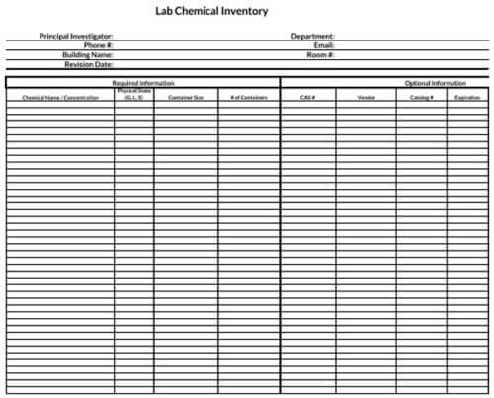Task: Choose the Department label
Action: tap(312, 36)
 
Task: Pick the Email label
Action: tap(323, 45)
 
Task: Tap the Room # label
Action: tap(320, 55)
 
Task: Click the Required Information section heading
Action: tap(143, 84)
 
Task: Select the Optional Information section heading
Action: tap(436, 84)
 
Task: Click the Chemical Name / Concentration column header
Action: tap(60, 97)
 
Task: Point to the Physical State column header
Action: tap(132, 95)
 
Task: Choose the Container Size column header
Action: tap(186, 97)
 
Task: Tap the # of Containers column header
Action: tap(249, 97)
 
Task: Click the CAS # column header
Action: tap(307, 97)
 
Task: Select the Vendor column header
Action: tap(366, 97)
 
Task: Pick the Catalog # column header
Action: tap(422, 97)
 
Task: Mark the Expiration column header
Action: tap(467, 97)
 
